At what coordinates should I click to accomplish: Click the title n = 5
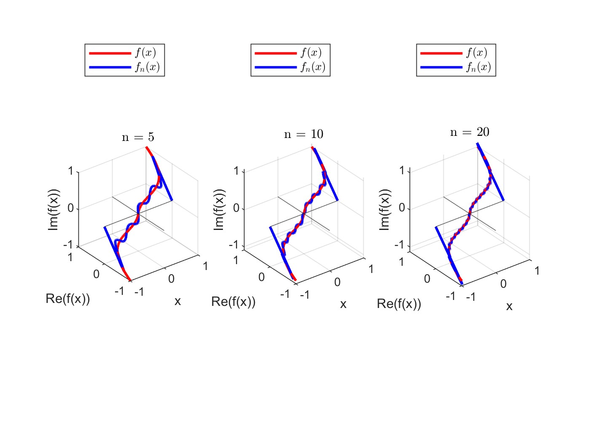coord(138,137)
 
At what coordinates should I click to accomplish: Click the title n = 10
coord(303,134)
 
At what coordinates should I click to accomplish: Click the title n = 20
coord(469,132)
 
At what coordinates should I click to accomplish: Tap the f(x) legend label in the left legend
coord(146,53)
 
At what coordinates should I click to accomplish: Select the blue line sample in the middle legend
coord(276,67)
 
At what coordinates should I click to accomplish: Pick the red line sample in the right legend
coord(441,53)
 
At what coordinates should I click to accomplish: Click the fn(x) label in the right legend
coord(478,67)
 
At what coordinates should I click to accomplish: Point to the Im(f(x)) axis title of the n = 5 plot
coord(54,209)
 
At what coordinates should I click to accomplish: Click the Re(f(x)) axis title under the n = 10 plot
coord(233,301)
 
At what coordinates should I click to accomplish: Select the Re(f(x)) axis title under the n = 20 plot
coord(399,303)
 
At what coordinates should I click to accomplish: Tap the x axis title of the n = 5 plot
coord(177,301)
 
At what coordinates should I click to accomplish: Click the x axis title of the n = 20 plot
coord(509,306)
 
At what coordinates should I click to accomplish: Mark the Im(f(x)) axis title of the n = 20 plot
coord(384,209)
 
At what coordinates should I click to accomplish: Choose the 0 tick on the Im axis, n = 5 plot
coord(70,208)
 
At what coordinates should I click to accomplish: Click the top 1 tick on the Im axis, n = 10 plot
coord(236,171)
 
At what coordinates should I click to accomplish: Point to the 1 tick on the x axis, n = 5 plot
coord(205,266)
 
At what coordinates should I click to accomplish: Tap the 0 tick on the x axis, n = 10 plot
coord(337,282)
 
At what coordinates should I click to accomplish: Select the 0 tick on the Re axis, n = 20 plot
coord(427,278)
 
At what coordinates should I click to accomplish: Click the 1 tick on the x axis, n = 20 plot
coord(537,270)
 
